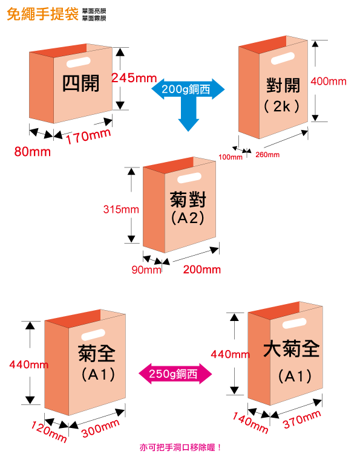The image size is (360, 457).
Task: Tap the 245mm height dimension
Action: pyautogui.click(x=134, y=78)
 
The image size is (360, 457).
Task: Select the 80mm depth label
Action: pyautogui.click(x=33, y=151)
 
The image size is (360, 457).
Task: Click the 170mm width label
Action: pyautogui.click(x=88, y=137)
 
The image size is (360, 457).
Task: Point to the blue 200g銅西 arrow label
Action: pyautogui.click(x=188, y=89)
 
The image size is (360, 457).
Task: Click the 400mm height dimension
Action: pyautogui.click(x=329, y=82)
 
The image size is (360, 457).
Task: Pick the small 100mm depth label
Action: pyautogui.click(x=230, y=157)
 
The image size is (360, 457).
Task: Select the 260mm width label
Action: pyautogui.click(x=268, y=155)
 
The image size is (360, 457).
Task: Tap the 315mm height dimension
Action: pyautogui.click(x=121, y=210)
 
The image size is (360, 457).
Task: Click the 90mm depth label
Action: pyautogui.click(x=146, y=270)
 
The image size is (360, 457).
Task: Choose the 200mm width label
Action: pyautogui.click(x=201, y=269)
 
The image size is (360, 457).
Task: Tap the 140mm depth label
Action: pyautogui.click(x=250, y=423)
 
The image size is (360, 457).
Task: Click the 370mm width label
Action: pyautogui.click(x=302, y=419)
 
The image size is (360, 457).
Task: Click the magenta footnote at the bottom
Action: pyautogui.click(x=180, y=447)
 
